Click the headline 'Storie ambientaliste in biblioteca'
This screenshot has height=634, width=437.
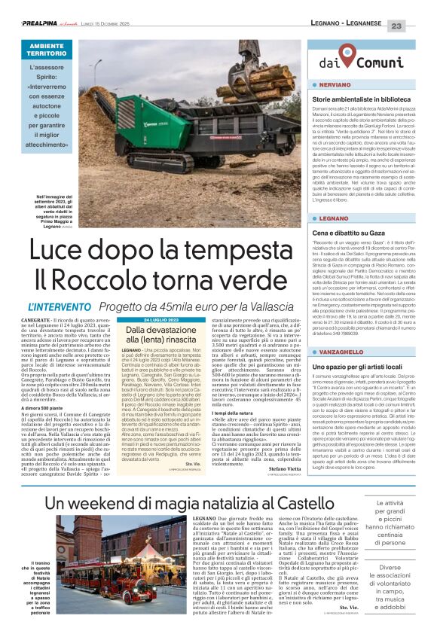coord(362,99)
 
